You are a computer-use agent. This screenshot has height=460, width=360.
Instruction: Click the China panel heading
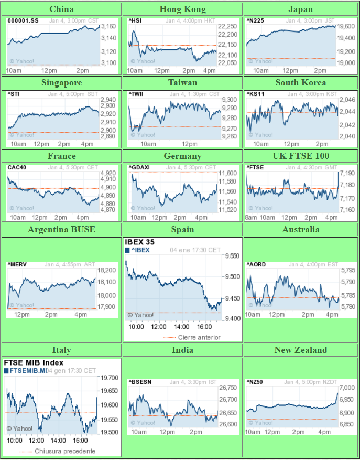[61, 9]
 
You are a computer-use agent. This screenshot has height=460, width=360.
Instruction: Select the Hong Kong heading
[182, 9]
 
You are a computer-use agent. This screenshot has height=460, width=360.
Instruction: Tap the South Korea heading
[301, 82]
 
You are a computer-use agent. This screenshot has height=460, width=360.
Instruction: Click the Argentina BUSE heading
[61, 229]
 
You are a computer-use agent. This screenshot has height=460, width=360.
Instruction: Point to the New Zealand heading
[301, 350]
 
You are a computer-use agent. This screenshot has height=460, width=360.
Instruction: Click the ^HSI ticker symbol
[135, 20]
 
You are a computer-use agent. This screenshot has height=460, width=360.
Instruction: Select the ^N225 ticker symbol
[254, 20]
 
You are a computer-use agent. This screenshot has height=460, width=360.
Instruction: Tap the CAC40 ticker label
[16, 167]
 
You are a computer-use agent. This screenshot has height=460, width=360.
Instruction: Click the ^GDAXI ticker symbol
[139, 167]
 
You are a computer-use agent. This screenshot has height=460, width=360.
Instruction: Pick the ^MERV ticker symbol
[16, 264]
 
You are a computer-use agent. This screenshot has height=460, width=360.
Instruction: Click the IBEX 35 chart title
[139, 242]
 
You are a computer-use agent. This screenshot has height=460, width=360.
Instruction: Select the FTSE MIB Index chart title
[34, 362]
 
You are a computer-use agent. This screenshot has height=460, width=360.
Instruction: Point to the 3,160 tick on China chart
[108, 26]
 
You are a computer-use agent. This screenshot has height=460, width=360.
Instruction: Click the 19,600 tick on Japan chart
[346, 26]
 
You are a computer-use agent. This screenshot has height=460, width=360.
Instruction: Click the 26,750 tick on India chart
[228, 388]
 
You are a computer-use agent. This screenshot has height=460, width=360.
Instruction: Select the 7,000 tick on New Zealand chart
[347, 388]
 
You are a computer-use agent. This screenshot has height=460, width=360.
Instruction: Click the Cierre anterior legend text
[199, 337]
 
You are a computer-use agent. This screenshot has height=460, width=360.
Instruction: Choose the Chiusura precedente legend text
[65, 451]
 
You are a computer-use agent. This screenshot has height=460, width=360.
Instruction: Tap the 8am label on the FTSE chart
[251, 217]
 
